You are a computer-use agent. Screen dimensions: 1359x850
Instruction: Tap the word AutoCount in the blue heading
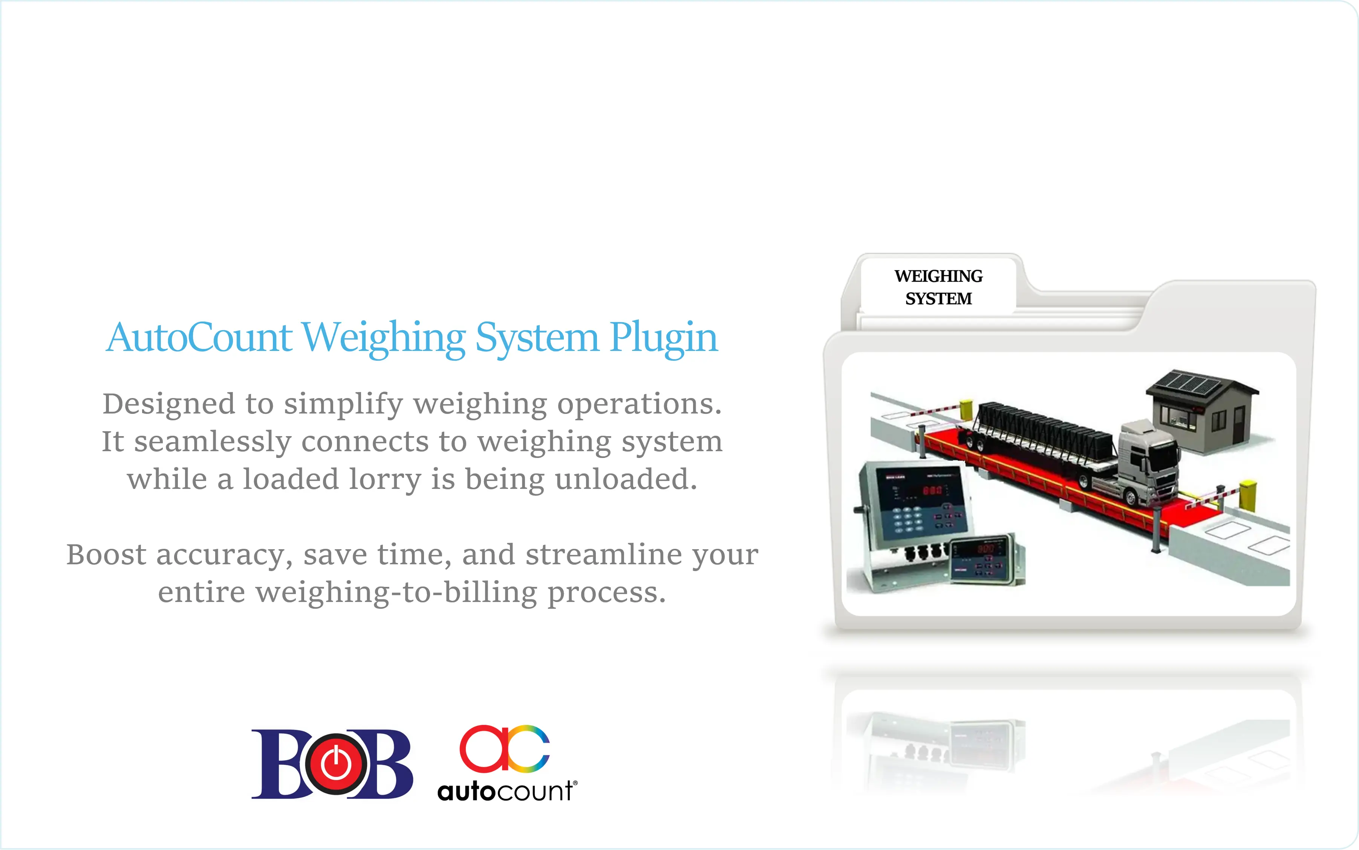199,337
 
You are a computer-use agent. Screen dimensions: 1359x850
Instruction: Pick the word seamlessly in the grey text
213,442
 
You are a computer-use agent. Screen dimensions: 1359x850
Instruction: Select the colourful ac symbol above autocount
504,748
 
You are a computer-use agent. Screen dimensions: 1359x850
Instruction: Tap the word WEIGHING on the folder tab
938,276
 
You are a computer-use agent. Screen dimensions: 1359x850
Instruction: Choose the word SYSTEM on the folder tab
938,299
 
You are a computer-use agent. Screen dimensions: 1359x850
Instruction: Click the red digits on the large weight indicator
932,490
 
